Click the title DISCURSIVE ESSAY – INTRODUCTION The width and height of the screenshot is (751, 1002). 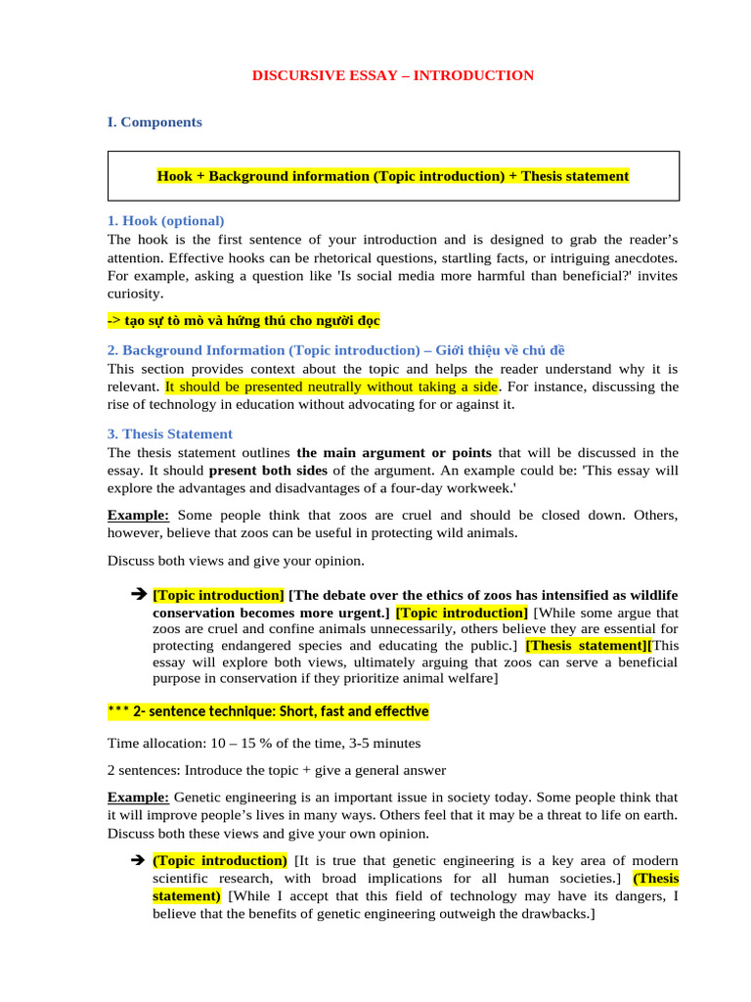pyautogui.click(x=393, y=75)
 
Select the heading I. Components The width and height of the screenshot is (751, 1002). pyautogui.click(x=155, y=122)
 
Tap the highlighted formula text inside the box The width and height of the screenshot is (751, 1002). pyautogui.click(x=393, y=176)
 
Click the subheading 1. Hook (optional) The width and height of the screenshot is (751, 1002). pyautogui.click(x=165, y=220)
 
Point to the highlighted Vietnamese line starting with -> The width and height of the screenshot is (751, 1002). pyautogui.click(x=243, y=321)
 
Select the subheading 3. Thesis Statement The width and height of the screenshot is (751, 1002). pyautogui.click(x=169, y=433)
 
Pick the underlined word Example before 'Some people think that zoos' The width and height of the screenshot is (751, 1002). pyautogui.click(x=138, y=515)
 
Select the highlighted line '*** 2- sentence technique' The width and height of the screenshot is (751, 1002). pyautogui.click(x=268, y=711)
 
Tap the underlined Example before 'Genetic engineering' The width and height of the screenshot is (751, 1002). pyautogui.click(x=138, y=798)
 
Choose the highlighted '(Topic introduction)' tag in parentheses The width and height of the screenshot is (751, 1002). pyautogui.click(x=220, y=861)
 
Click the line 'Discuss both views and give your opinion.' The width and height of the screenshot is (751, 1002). pyautogui.click(x=236, y=561)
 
